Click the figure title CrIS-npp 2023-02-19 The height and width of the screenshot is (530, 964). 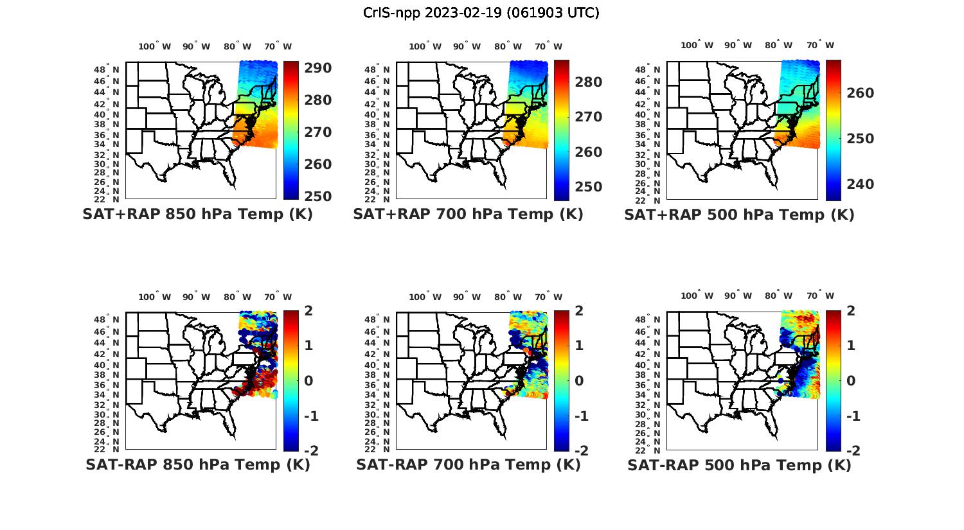click(x=481, y=13)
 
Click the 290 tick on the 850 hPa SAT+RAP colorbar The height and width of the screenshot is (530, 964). click(x=318, y=68)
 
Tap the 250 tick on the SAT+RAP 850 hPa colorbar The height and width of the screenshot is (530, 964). click(x=318, y=196)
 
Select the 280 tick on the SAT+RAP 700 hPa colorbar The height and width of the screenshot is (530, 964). click(x=589, y=82)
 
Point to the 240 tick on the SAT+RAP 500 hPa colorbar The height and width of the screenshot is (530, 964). click(x=860, y=184)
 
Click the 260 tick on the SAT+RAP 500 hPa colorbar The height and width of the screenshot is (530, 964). click(x=860, y=93)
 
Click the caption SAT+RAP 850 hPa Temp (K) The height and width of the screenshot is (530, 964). click(x=197, y=215)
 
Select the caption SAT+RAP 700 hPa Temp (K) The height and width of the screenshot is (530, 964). click(x=468, y=215)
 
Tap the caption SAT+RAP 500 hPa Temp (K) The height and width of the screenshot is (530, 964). click(x=739, y=215)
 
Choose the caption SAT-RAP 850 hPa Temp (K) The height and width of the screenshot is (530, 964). click(x=197, y=464)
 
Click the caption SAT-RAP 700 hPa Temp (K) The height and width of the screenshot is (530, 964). click(x=468, y=464)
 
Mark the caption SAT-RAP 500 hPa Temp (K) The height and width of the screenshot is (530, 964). click(x=739, y=464)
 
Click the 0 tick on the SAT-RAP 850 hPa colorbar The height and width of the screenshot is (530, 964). click(x=308, y=380)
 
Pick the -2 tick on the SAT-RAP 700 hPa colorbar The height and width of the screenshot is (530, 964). click(x=579, y=450)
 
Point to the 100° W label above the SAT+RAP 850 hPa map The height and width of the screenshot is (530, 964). click(x=154, y=46)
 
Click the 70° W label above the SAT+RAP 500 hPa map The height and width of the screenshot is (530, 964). click(x=820, y=45)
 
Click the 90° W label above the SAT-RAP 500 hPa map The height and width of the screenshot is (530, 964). click(x=737, y=296)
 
